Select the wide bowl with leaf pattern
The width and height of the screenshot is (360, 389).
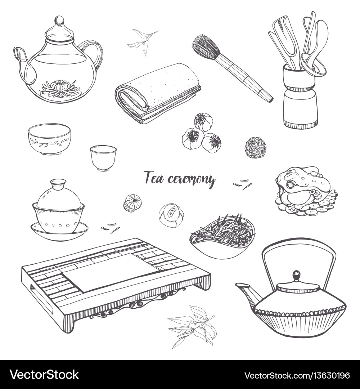49,139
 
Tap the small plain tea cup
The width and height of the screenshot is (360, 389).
103,157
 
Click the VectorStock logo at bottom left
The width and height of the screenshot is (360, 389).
44,375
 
